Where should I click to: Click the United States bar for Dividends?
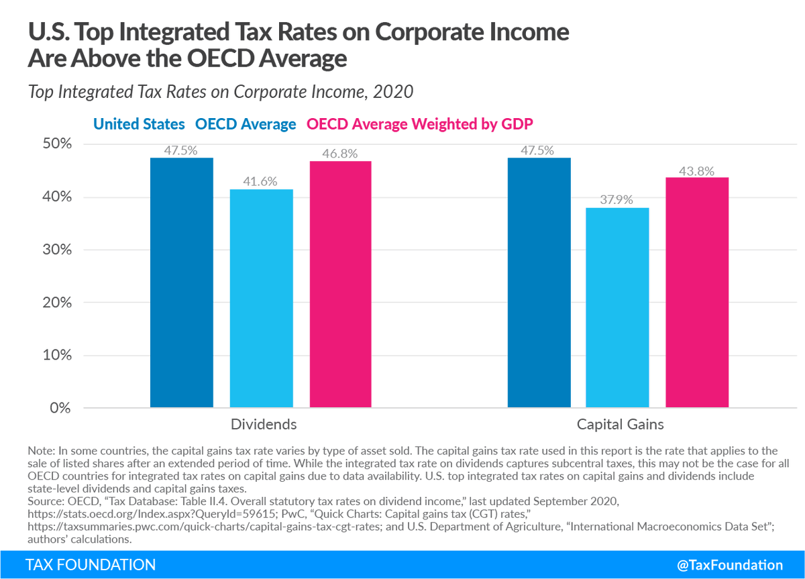click(182, 282)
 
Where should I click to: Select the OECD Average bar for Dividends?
click(261, 299)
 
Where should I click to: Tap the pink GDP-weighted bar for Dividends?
click(340, 284)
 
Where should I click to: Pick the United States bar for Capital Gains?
click(539, 282)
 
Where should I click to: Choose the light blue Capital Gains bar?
click(617, 308)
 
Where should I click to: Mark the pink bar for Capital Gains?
click(697, 293)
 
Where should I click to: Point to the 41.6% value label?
click(261, 182)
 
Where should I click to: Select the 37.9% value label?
click(617, 200)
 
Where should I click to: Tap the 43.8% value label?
click(697, 170)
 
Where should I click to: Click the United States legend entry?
click(139, 124)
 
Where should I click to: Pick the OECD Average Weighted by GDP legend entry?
click(420, 124)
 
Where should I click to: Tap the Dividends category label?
click(263, 425)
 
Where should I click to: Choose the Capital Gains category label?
click(620, 425)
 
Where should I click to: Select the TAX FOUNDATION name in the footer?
click(90, 565)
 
